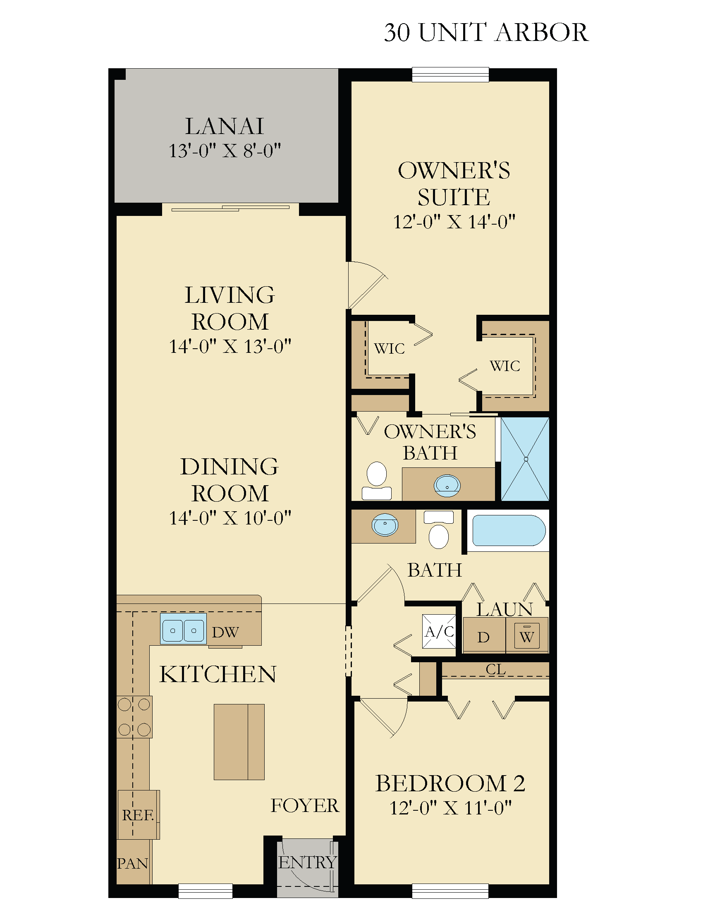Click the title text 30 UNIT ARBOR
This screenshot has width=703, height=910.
486,33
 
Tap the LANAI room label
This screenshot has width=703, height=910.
225,126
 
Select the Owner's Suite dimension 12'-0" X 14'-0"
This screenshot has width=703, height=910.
454,222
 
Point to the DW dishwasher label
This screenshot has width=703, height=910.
225,632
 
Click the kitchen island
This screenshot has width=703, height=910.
239,742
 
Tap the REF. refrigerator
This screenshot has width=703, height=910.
138,814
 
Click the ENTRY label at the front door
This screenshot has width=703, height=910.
307,862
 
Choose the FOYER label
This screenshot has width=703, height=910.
305,805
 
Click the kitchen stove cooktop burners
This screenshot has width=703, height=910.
134,717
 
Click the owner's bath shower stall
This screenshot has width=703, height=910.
525,459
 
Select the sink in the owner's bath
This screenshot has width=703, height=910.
447,486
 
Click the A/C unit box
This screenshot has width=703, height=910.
439,631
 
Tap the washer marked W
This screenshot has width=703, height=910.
527,636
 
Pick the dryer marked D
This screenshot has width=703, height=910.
484,635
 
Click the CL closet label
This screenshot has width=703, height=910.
495,669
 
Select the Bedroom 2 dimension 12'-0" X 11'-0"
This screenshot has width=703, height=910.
450,807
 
